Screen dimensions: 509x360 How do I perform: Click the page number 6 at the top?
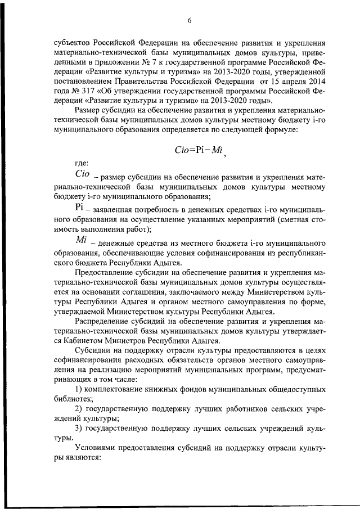click(190, 21)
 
